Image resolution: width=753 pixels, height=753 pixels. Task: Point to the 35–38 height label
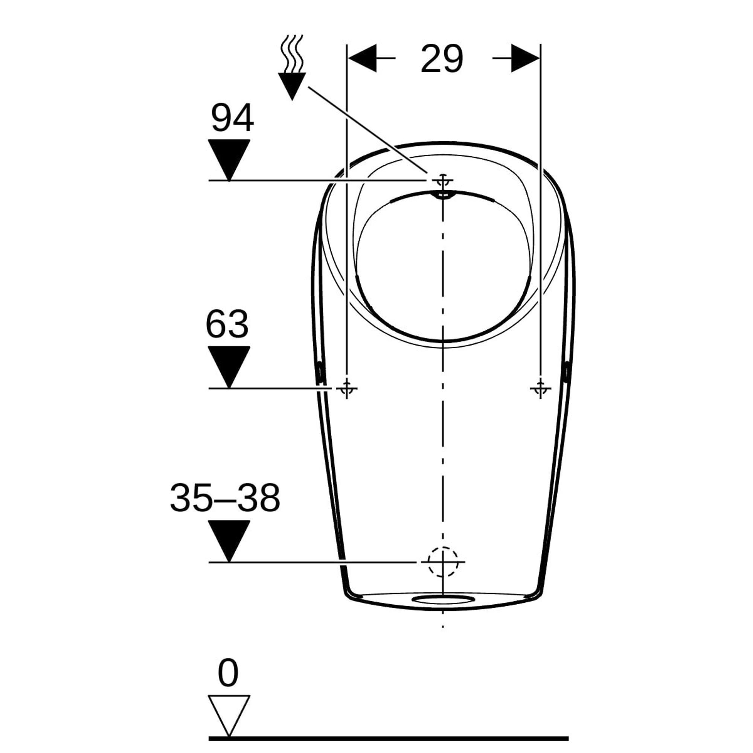pyautogui.click(x=225, y=498)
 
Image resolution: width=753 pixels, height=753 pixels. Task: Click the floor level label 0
pyautogui.click(x=228, y=673)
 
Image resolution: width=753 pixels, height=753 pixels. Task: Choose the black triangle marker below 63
pyautogui.click(x=229, y=367)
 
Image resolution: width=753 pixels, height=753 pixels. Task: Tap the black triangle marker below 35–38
pyautogui.click(x=229, y=541)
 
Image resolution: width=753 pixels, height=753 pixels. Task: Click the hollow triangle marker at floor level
pyautogui.click(x=229, y=716)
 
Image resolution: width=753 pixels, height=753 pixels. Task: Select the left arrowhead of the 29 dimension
pyautogui.click(x=363, y=58)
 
